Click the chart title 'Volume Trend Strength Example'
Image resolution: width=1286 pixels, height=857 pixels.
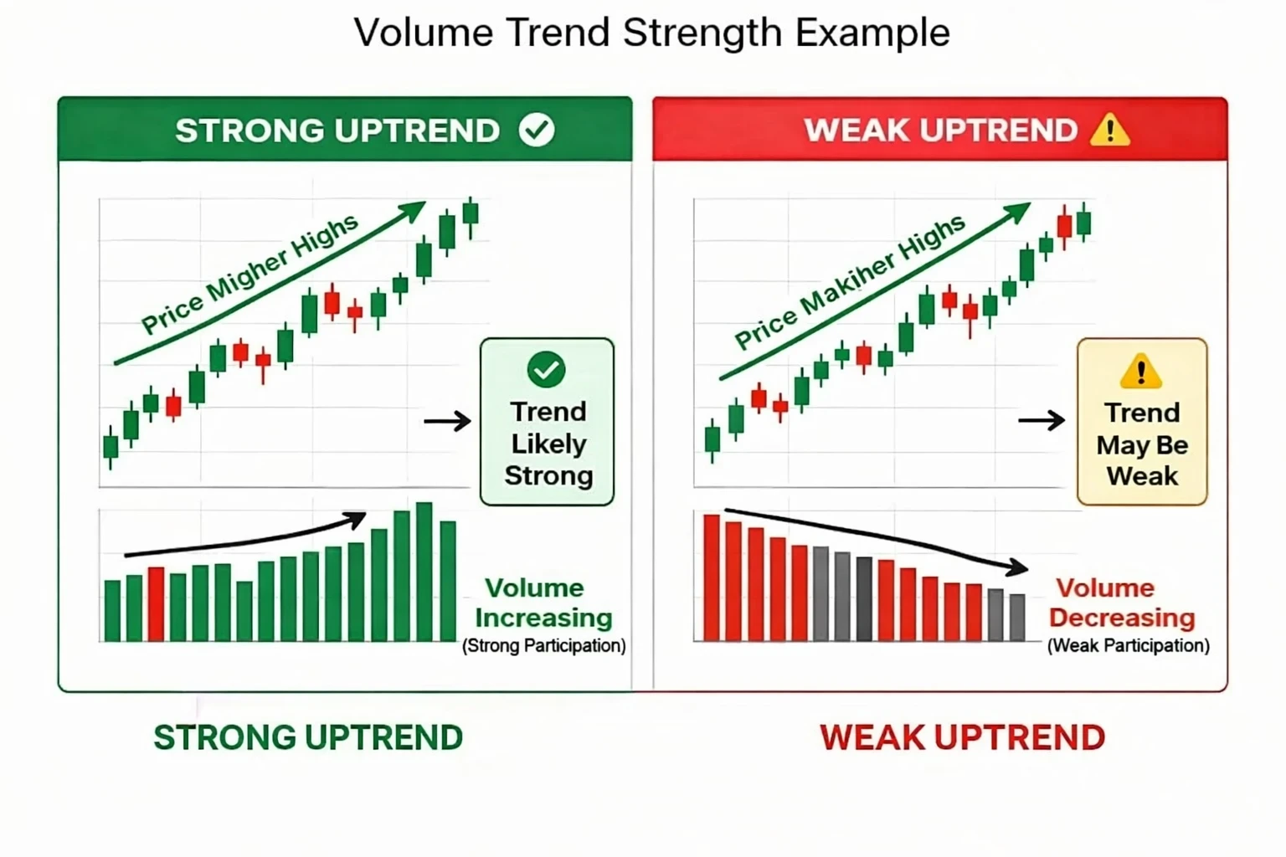pos(651,33)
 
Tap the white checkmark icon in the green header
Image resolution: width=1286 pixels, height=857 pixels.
pos(537,130)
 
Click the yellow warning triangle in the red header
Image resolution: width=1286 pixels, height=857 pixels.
pos(1109,131)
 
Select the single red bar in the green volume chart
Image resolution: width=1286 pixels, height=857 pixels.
pos(156,604)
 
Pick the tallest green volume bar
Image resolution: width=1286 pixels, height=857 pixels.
pos(424,572)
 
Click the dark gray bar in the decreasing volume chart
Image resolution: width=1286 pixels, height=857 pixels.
pos(864,599)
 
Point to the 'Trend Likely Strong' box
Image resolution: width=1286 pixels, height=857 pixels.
pos(548,422)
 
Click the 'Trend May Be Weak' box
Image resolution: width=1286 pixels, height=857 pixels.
pos(1142,422)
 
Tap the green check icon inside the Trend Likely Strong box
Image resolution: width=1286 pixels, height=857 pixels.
pos(547,369)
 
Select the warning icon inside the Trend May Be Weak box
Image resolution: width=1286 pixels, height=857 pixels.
pos(1140,371)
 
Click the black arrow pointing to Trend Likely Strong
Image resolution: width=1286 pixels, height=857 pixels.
pos(448,420)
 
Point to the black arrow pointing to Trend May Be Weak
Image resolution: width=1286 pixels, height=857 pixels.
pos(1042,420)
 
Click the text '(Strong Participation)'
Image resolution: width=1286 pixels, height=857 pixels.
pos(544,646)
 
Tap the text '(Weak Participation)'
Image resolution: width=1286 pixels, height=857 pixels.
pos(1128,646)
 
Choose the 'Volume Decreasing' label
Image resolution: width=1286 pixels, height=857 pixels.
pos(1121,603)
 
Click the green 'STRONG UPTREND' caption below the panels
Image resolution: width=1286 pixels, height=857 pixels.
pos(308,738)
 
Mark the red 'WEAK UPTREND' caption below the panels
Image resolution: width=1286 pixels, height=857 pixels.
pos(962,738)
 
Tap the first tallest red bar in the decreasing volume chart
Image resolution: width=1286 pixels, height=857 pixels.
pos(712,578)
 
